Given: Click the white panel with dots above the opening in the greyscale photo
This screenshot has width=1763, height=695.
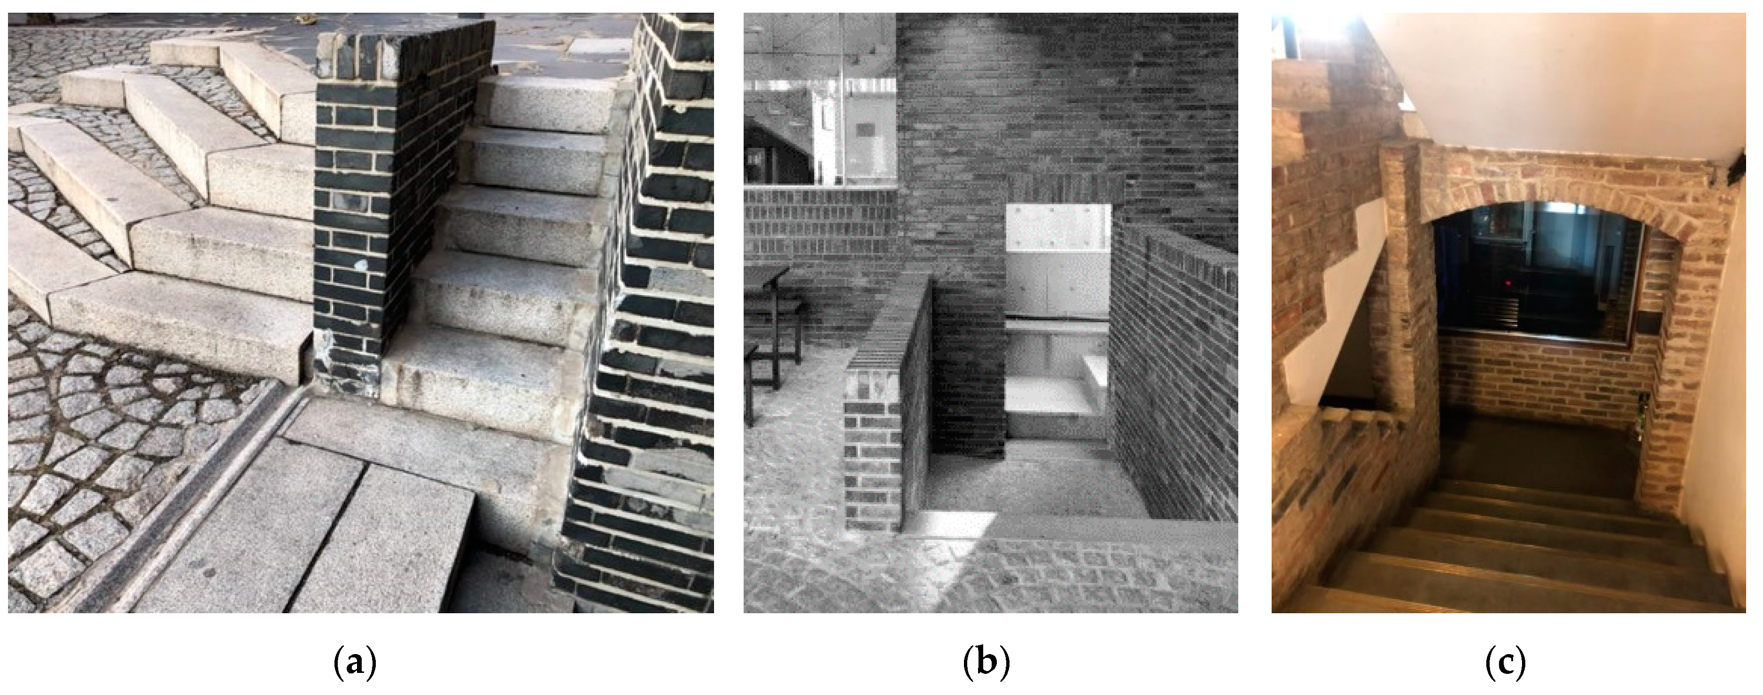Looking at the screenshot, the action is pos(1057,229).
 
